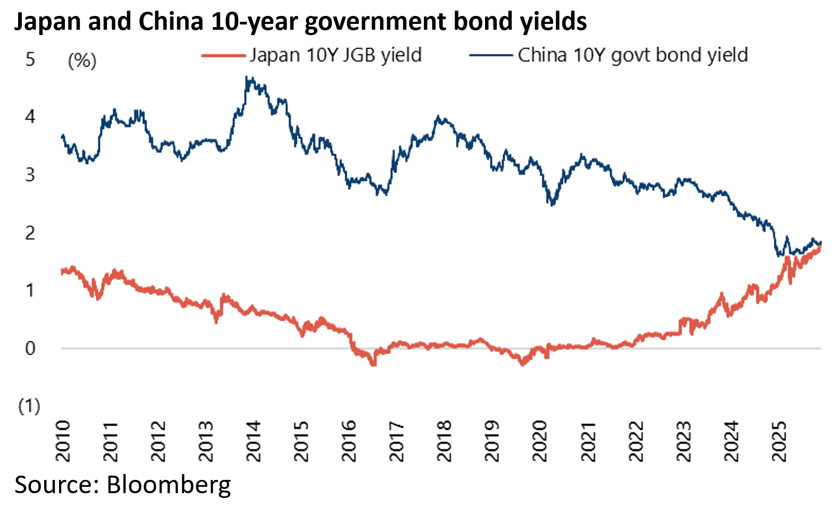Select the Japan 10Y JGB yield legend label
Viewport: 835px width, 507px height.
(336, 55)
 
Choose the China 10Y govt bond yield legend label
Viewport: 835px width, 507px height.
(633, 55)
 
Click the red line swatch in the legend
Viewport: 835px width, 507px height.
(223, 55)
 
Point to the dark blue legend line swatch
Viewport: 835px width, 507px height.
(490, 55)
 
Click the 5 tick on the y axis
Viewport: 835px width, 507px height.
(30, 59)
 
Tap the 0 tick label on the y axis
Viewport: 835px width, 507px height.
(30, 348)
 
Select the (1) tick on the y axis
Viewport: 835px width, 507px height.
(29, 407)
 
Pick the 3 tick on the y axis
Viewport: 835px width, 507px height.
(30, 175)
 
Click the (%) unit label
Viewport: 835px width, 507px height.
(82, 61)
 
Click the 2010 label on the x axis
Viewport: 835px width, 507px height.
(63, 441)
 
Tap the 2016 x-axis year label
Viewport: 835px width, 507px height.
(349, 441)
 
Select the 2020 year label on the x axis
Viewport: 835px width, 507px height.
(540, 441)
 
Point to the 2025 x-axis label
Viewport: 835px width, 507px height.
(779, 441)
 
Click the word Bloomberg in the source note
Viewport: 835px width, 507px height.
(169, 485)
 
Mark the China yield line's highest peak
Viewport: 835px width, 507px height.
(247, 78)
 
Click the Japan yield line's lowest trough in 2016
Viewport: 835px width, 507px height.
(373, 365)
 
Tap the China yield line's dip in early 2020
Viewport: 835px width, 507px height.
(552, 204)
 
